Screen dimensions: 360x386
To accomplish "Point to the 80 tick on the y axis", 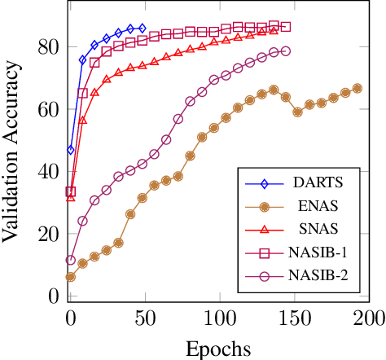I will pos(50,47).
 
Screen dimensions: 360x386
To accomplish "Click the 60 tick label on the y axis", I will pos(50,109).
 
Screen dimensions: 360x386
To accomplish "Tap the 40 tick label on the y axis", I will pos(50,172).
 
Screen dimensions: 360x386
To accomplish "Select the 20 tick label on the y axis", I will pos(50,235).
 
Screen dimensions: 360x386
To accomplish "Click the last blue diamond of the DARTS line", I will pos(143,29).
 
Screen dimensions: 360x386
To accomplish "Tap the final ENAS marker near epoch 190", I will pos(357,88).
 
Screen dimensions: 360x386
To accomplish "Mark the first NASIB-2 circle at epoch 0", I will pos(71,261).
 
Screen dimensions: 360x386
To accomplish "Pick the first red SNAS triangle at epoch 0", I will pos(71,196).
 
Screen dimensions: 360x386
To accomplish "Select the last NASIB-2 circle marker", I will pos(285,51).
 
